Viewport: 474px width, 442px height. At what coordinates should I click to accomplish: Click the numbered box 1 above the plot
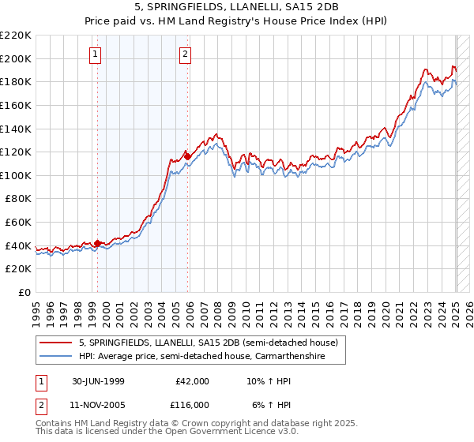tap(95, 54)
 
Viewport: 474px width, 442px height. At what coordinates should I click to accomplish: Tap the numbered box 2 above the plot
tap(185, 54)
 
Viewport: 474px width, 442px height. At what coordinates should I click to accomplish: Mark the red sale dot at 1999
tap(98, 243)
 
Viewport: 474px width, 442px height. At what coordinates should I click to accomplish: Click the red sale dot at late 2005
tap(187, 156)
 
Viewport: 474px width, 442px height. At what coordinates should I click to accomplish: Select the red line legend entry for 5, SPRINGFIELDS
tap(209, 343)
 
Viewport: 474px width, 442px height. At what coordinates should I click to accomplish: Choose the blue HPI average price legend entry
tap(212, 357)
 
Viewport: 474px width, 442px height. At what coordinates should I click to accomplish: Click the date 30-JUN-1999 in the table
tap(92, 380)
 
